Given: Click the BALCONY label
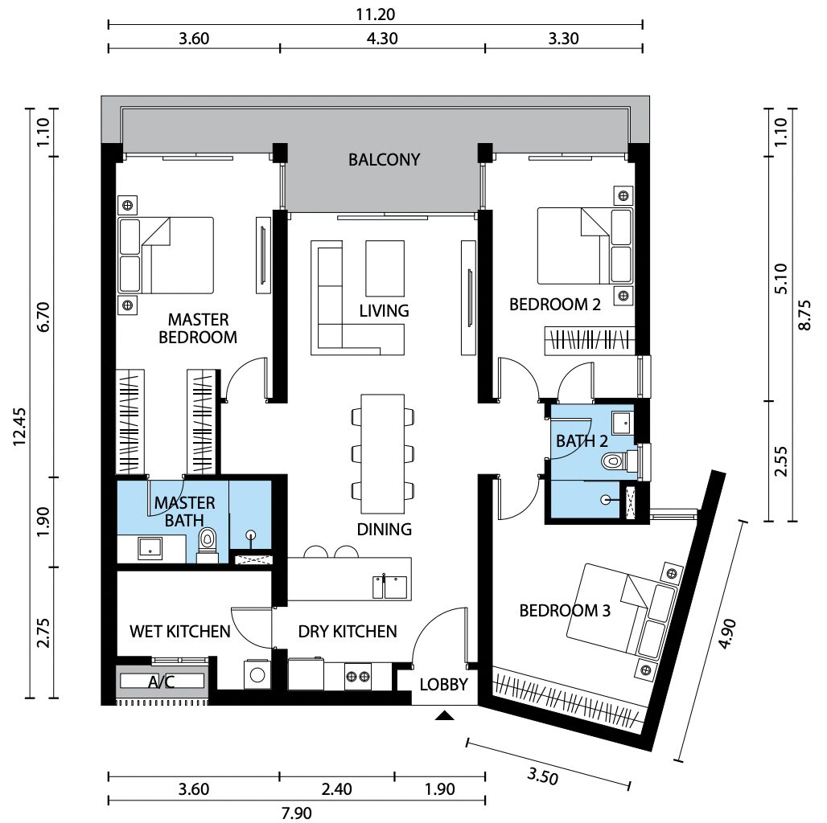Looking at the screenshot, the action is [384, 159].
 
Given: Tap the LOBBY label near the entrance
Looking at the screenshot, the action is [443, 684].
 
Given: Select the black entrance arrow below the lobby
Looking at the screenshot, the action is [445, 715].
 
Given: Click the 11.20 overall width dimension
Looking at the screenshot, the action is [376, 14].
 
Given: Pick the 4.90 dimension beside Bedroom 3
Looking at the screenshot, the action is [726, 633].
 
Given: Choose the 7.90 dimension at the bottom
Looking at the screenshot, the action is [296, 813].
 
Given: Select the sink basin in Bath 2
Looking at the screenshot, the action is [623, 421].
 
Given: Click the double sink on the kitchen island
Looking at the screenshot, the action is [389, 587].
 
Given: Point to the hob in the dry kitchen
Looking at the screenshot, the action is [358, 676].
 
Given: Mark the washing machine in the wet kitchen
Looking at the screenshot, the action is [257, 674].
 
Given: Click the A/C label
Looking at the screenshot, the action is [162, 682].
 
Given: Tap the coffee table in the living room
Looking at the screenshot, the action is [385, 268].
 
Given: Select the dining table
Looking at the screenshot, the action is [382, 453].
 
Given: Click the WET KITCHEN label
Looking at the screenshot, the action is [180, 631].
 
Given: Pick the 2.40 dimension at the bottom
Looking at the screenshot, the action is [336, 788].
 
